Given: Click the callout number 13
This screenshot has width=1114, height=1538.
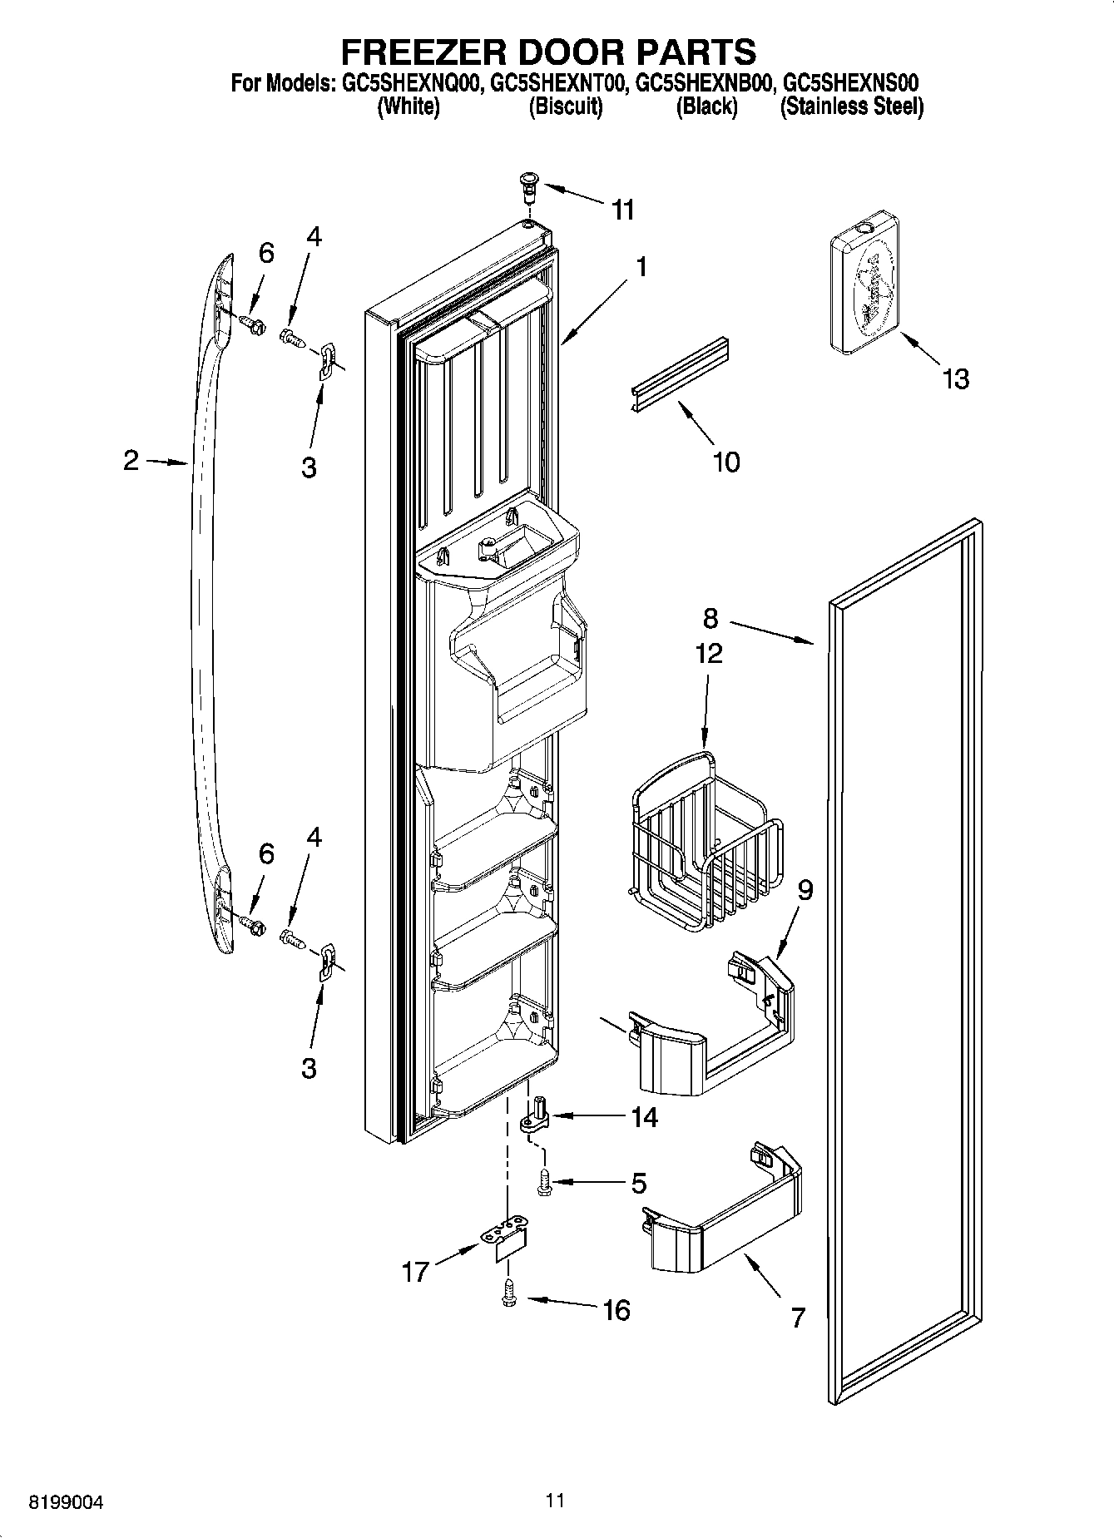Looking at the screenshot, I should (x=956, y=379).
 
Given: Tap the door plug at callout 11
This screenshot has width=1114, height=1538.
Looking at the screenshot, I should (x=527, y=185).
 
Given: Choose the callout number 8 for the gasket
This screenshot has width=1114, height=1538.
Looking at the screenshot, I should (x=710, y=618).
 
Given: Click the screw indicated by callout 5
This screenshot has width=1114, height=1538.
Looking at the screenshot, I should (x=545, y=1182).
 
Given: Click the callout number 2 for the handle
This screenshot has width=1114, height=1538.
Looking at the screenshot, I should (x=131, y=460).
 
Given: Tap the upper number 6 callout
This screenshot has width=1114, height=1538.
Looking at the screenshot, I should (x=266, y=253).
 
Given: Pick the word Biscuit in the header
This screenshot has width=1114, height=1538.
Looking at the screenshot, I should (x=565, y=106).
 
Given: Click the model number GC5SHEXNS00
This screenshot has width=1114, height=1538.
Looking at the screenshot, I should (x=852, y=83).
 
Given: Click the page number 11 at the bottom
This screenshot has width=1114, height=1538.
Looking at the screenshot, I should (x=555, y=1501).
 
